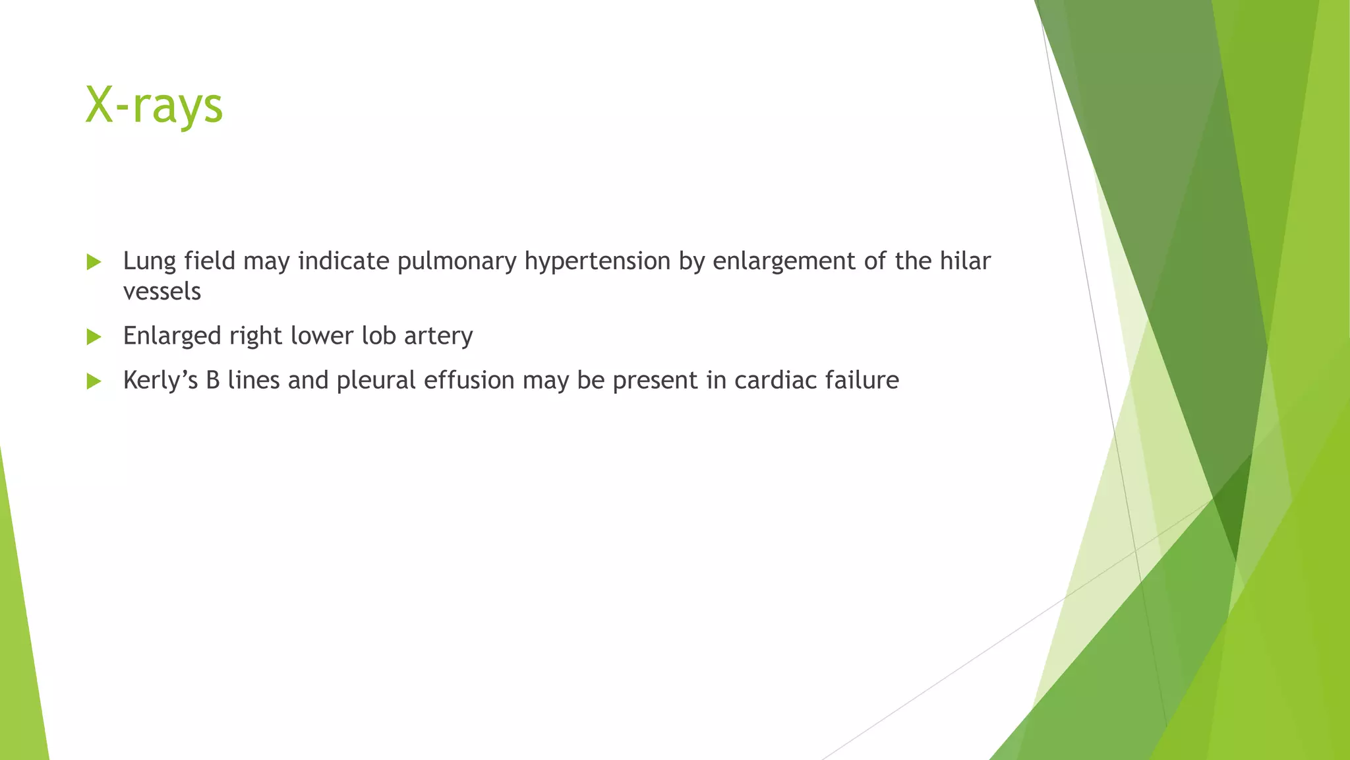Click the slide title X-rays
coord(154,106)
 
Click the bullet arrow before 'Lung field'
coord(94,263)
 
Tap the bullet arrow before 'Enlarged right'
coord(94,337)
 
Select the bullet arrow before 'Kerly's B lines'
coord(94,381)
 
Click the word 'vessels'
coord(161,292)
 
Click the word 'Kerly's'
coord(160,381)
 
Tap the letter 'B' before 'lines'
coord(212,380)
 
